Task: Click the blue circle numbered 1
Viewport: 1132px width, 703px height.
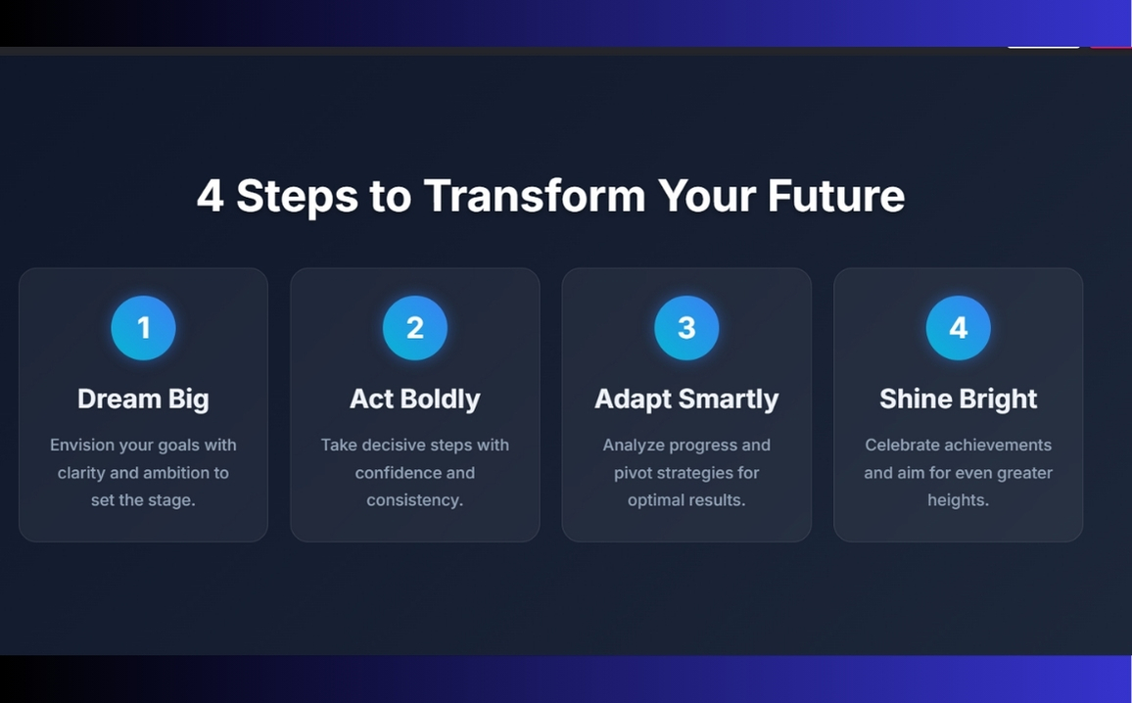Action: tap(143, 327)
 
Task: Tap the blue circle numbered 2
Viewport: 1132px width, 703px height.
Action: tap(415, 327)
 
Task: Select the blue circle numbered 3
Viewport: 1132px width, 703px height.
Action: tap(686, 327)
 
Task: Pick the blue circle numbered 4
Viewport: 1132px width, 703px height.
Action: tap(958, 327)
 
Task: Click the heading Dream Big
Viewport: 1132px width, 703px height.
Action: tap(143, 398)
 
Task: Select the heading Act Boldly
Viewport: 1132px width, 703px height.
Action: tap(415, 398)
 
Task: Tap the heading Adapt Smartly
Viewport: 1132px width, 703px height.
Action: tap(686, 398)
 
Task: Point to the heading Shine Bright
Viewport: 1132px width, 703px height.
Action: tap(958, 398)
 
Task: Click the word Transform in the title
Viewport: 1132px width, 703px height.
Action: tap(535, 195)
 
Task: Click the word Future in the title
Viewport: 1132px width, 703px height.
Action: tap(835, 195)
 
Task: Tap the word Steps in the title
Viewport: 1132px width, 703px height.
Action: tap(297, 197)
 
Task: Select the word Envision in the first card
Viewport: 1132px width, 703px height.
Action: tap(83, 445)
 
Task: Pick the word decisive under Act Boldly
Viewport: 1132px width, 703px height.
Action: tap(401, 445)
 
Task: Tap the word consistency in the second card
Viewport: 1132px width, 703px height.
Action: tap(413, 500)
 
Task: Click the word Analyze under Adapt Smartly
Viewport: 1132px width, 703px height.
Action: tap(635, 445)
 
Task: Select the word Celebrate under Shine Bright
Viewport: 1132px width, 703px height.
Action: tap(903, 445)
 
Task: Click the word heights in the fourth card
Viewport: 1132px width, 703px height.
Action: tap(958, 500)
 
